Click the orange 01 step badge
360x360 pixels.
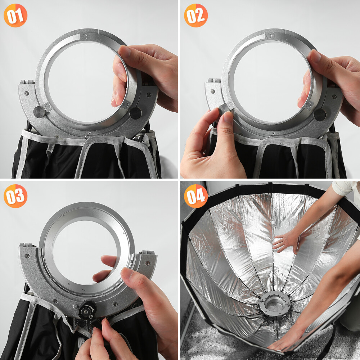tap(15, 15)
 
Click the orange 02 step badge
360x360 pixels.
tap(196, 15)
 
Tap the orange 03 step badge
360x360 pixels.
tap(15, 196)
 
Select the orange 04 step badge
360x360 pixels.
tap(196, 196)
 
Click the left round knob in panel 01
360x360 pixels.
tap(39, 112)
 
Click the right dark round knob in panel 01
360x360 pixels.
tap(135, 113)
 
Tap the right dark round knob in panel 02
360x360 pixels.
tap(320, 115)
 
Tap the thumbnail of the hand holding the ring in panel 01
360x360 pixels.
tap(125, 51)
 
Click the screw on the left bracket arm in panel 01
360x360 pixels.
tap(27, 93)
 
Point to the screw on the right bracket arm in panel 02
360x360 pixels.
tap(334, 96)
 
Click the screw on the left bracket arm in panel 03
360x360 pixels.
tap(27, 256)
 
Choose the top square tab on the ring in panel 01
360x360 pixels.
tap(84, 36)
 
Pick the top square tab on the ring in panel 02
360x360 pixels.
tap(269, 36)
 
